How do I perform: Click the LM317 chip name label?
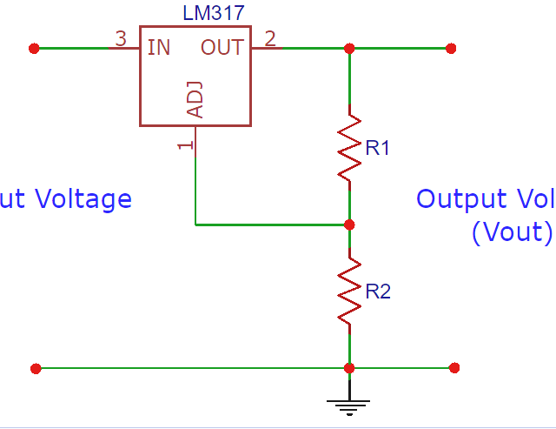tap(214, 14)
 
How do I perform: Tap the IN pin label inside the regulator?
tap(159, 47)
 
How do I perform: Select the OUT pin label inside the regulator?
tap(222, 47)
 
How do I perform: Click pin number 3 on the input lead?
tap(121, 38)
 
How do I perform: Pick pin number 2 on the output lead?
tap(270, 38)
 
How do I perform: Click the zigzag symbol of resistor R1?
tap(349, 146)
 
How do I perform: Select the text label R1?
tap(378, 149)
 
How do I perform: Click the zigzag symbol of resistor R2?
tap(349, 291)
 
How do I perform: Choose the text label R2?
tap(378, 292)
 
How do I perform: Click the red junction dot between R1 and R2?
tap(349, 225)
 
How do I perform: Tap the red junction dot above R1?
tap(349, 48)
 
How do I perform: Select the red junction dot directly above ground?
tap(349, 368)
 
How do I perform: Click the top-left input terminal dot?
tap(34, 48)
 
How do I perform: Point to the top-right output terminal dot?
tap(451, 48)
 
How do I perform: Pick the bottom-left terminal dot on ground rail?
tap(36, 368)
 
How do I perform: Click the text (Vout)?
tap(512, 233)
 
